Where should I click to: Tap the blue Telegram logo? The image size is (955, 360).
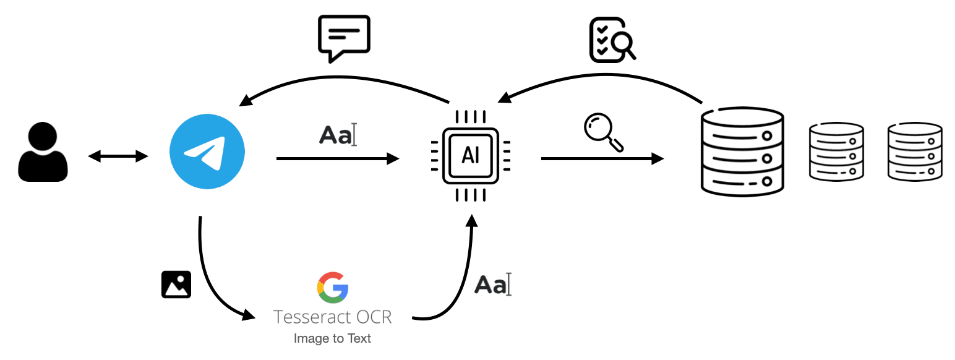click(x=207, y=152)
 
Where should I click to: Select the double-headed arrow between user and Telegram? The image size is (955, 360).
click(x=118, y=156)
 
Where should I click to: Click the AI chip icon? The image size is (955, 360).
click(x=471, y=156)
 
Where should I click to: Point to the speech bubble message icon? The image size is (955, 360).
click(x=344, y=38)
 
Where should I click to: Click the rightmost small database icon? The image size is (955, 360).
click(x=915, y=152)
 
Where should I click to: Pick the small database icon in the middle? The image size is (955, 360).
click(x=836, y=152)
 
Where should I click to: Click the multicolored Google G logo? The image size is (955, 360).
click(x=333, y=287)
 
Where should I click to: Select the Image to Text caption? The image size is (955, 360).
click(x=332, y=338)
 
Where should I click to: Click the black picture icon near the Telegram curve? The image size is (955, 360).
click(x=176, y=285)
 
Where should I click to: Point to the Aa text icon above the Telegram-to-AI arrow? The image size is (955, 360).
click(x=338, y=135)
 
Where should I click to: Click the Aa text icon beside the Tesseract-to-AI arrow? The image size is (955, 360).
click(x=493, y=285)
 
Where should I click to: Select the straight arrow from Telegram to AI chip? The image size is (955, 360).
click(x=338, y=159)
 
